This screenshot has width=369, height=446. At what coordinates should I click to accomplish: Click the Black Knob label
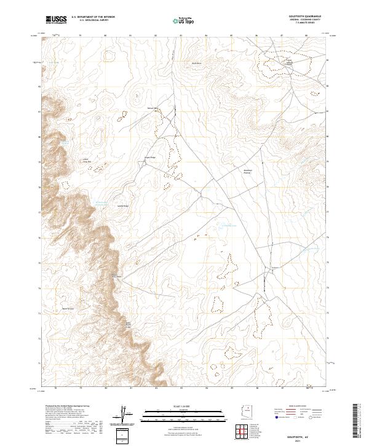[x=197, y=63]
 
